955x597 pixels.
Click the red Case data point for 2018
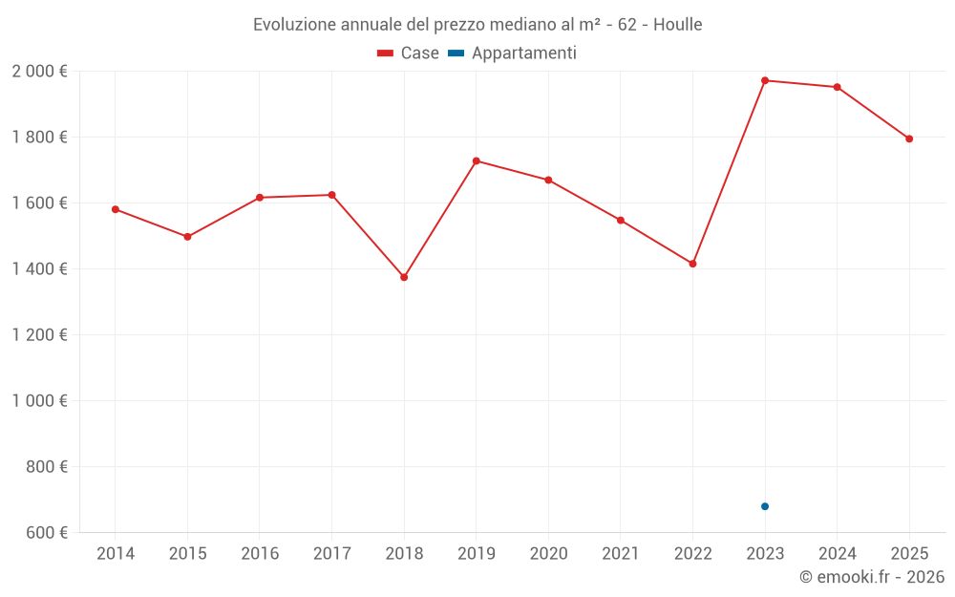pos(404,277)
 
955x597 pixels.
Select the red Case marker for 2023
pos(765,80)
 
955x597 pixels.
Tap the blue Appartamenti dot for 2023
pos(765,506)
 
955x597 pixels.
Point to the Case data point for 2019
pos(477,160)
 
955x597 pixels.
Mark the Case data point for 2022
pos(692,264)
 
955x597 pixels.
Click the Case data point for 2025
pos(909,139)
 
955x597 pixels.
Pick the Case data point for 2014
pos(116,209)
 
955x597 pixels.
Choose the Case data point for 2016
pos(260,198)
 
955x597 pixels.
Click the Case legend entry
pos(409,53)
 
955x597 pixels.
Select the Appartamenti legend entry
pos(513,53)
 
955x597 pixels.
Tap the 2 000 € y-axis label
pos(40,72)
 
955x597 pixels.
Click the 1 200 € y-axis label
pos(40,335)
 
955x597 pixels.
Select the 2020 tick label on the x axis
pos(548,554)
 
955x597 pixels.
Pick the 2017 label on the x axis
pos(331,554)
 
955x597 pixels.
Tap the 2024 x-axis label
pos(837,554)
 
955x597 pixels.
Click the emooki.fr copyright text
pos(872,577)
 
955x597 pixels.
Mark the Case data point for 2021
pos(621,221)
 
